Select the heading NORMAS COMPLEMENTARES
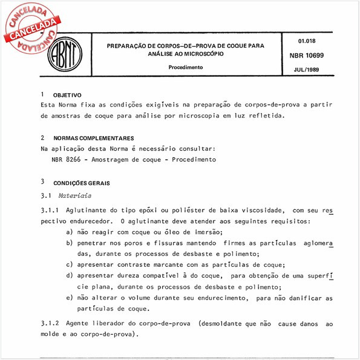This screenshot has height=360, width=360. point(93,139)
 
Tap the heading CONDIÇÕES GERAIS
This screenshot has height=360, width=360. point(82,182)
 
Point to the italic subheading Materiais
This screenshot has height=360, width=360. point(75,195)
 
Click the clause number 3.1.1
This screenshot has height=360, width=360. point(50,211)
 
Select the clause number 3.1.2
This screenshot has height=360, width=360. point(50,325)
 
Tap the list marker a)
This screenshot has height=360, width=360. point(70,232)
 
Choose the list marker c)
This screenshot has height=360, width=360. point(70,265)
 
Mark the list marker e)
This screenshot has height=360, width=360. point(70,298)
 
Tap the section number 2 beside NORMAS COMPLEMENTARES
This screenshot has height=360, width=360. point(42,138)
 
